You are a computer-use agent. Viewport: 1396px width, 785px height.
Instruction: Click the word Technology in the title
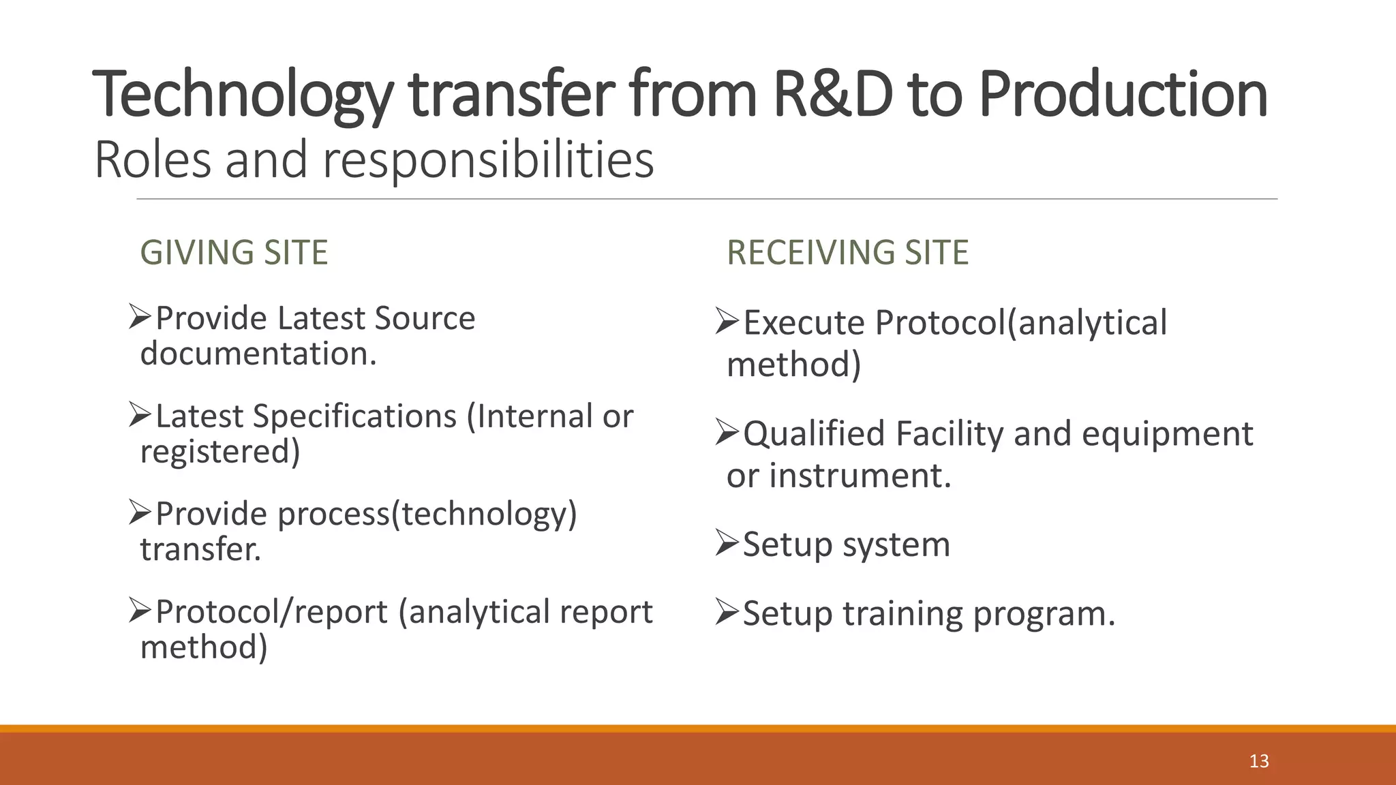[242, 95]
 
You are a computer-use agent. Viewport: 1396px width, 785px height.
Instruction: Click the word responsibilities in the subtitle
[488, 159]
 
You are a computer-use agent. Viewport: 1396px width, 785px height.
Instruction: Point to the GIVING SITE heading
[234, 252]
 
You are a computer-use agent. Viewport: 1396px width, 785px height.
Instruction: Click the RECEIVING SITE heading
[847, 252]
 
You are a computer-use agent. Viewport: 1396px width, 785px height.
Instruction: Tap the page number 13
[1258, 761]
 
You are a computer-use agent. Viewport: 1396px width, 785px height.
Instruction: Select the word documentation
[258, 354]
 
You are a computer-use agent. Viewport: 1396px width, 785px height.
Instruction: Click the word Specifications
[354, 416]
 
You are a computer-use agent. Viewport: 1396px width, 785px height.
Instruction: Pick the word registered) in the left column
[220, 452]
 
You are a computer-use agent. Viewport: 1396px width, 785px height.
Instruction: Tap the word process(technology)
[427, 514]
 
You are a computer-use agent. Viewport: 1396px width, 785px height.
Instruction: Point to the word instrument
[860, 475]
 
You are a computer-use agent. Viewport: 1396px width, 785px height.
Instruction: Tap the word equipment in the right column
[1167, 433]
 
